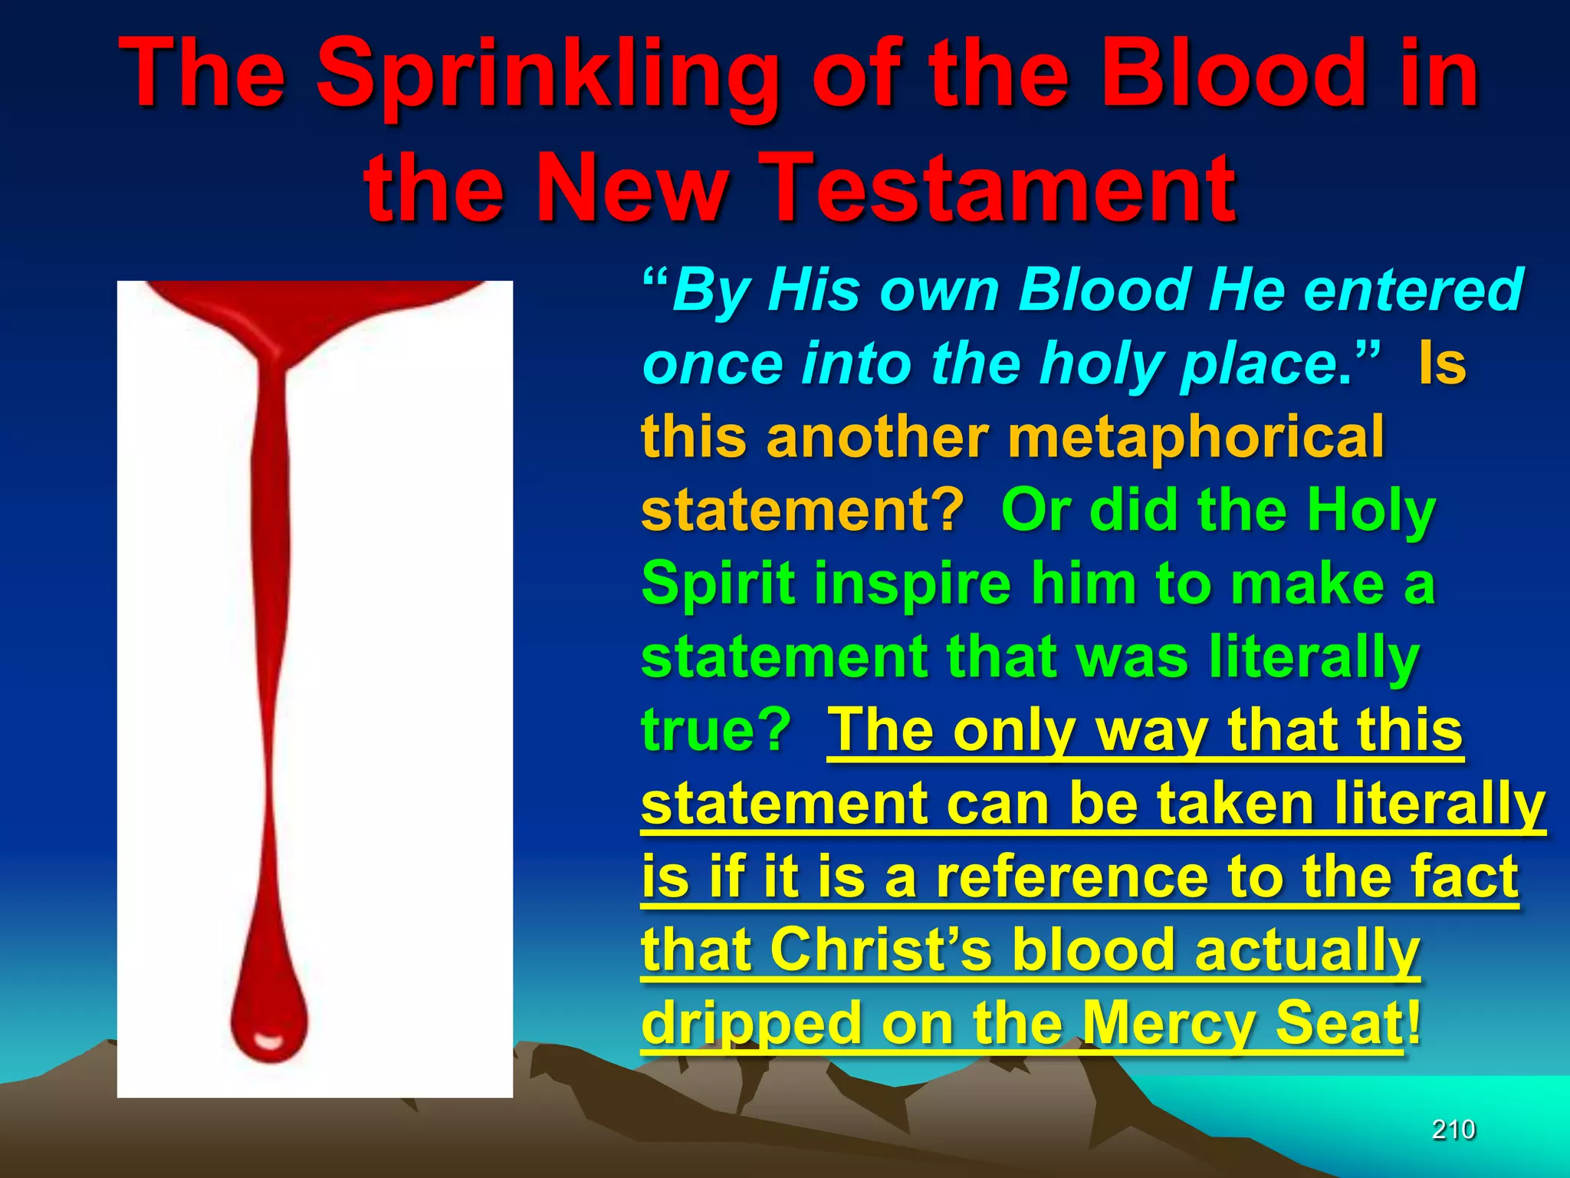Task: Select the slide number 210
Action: pyautogui.click(x=1453, y=1130)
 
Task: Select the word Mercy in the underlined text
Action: pyautogui.click(x=1170, y=1023)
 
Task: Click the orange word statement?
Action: pyautogui.click(x=802, y=511)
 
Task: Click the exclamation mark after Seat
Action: pyautogui.click(x=1413, y=1023)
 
